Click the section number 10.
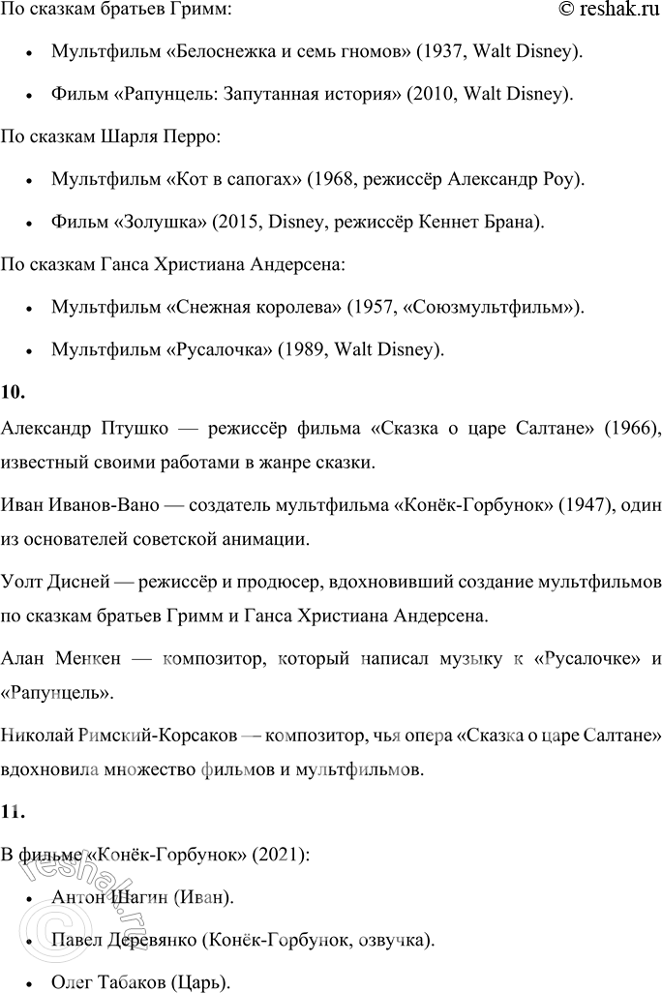(14, 392)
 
